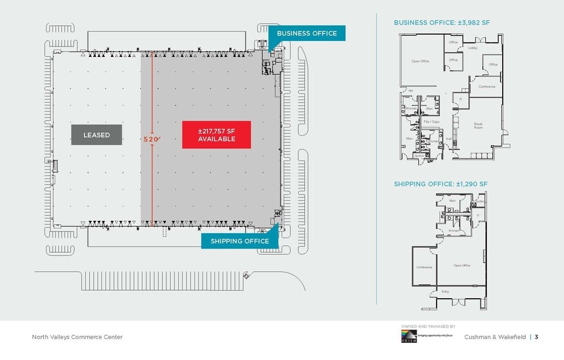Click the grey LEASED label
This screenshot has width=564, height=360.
click(x=96, y=135)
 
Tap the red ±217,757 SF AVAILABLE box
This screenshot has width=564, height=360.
click(x=216, y=135)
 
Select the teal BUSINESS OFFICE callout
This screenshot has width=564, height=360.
click(x=307, y=33)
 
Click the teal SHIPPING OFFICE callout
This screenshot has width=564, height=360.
click(x=239, y=241)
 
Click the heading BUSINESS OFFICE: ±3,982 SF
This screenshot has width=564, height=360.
click(x=442, y=23)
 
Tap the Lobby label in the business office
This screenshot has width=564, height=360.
click(x=473, y=48)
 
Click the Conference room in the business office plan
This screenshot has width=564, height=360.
click(x=487, y=86)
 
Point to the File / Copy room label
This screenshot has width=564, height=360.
click(x=432, y=122)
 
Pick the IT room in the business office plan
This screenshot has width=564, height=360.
click(x=461, y=99)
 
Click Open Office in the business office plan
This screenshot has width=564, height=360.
click(x=420, y=61)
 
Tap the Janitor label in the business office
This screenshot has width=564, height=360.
click(x=419, y=156)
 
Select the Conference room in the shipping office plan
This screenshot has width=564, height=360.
click(x=424, y=267)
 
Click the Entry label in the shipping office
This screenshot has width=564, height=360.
click(x=445, y=291)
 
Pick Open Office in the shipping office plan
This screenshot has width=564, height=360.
click(x=462, y=265)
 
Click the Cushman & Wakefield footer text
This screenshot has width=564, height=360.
click(x=496, y=337)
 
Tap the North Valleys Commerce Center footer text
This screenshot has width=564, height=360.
click(x=77, y=337)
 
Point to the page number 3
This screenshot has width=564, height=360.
click(x=536, y=337)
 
